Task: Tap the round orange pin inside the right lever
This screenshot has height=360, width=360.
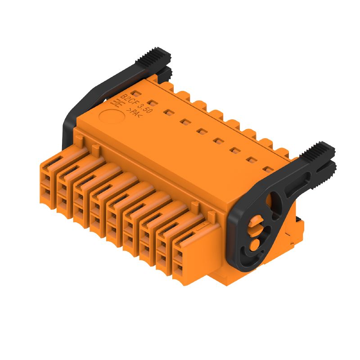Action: click(x=255, y=244)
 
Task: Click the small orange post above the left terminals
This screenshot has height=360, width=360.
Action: click(x=95, y=148)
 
